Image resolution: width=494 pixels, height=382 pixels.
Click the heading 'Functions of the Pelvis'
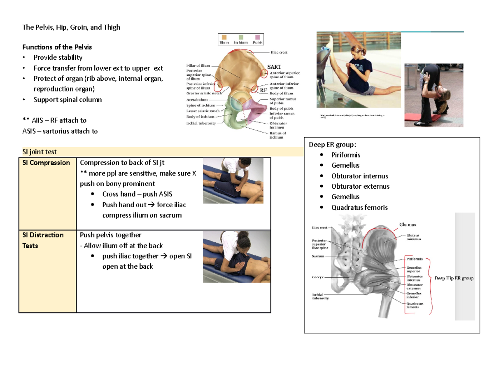(57, 47)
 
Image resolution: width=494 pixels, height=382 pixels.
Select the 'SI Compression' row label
(46, 163)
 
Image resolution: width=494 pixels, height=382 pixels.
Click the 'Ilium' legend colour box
(224, 37)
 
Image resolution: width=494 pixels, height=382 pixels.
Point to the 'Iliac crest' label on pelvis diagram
(278, 53)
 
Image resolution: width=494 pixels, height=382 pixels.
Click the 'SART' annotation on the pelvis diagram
(274, 66)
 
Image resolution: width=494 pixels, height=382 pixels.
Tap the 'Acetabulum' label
(194, 99)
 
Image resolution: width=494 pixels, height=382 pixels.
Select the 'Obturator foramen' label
(278, 125)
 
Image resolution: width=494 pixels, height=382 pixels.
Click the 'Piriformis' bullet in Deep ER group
(345, 155)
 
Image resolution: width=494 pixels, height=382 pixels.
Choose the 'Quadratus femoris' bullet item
(359, 208)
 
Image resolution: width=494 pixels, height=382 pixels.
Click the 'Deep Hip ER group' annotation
(454, 279)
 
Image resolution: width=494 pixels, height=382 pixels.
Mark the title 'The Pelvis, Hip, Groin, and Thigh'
(71, 28)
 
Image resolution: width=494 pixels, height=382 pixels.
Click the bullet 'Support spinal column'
(68, 100)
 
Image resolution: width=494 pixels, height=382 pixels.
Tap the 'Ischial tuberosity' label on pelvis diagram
(200, 123)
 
